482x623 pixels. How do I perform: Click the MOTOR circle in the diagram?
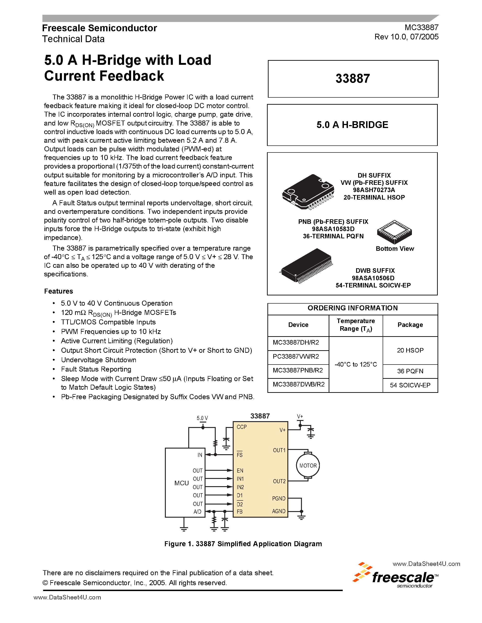308,466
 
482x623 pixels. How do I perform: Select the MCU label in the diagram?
182,483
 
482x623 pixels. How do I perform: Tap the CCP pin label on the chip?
242,427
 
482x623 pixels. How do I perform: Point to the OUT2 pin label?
279,481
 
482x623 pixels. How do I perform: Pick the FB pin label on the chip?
240,512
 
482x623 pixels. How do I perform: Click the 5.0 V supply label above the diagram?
202,418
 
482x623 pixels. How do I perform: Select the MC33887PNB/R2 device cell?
298,370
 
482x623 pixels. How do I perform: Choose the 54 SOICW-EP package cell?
410,385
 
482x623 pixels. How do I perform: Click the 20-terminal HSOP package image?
308,192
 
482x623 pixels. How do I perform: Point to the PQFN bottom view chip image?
394,232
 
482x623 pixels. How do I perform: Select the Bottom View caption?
395,249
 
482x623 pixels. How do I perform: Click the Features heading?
59,291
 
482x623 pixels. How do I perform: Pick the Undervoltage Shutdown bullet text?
98,360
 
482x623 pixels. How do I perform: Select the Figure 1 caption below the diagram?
243,544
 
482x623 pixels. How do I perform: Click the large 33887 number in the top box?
353,78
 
